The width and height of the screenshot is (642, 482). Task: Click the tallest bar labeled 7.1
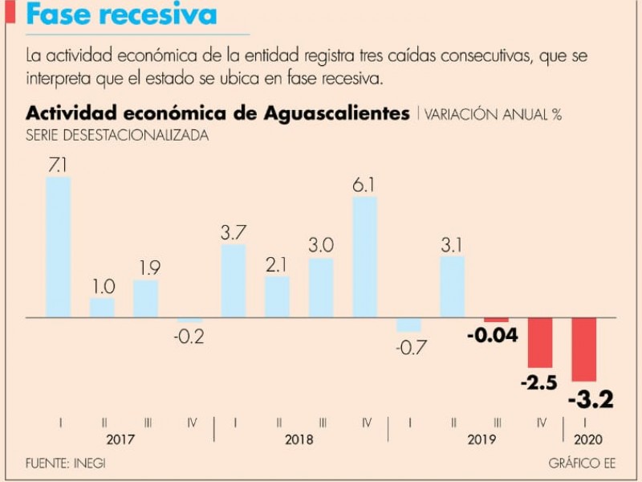pos(58,247)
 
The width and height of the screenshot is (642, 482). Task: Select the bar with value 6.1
pos(365,256)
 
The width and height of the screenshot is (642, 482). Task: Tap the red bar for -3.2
pos(584,349)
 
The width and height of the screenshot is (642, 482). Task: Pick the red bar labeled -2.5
pos(540,341)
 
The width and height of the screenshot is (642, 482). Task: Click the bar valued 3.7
pos(233,280)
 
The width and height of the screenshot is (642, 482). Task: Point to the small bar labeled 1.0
pos(102,308)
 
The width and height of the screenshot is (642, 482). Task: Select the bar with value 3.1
pos(453,287)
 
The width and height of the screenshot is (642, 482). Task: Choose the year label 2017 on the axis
pos(120,440)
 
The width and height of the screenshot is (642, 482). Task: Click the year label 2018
pos(299,440)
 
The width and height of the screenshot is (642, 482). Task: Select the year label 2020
pos(587,440)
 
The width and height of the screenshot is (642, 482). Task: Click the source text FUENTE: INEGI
pos(66,464)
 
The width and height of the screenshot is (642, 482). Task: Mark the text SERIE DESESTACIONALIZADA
pos(118,136)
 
